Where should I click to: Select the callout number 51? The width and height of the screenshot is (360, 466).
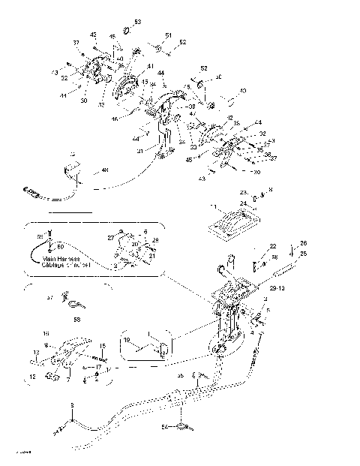[169, 35]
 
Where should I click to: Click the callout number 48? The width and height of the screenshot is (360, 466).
[104, 170]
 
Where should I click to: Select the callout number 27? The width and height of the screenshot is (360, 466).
[110, 236]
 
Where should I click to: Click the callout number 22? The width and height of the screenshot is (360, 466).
[273, 246]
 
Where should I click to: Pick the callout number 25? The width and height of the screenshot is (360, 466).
[304, 254]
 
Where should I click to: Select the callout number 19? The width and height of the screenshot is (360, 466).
[127, 340]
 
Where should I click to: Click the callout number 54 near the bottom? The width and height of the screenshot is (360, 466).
[165, 427]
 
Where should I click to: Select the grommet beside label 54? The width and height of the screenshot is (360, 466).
[180, 428]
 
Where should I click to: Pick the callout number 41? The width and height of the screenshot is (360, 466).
[150, 67]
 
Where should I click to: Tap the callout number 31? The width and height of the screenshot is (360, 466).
[140, 150]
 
